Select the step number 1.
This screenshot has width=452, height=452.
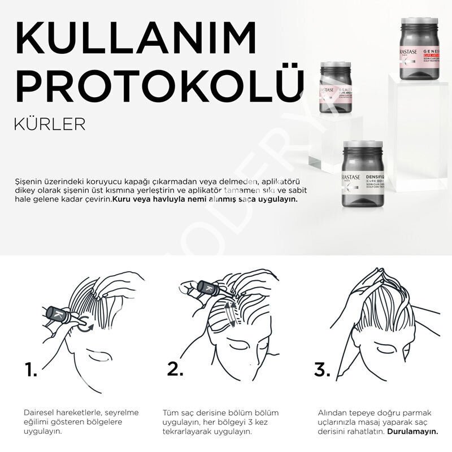(x=31, y=370)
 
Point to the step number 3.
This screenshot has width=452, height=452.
(x=322, y=370)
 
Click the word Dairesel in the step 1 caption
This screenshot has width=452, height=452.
(x=38, y=412)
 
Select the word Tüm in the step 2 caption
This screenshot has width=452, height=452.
(x=170, y=412)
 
